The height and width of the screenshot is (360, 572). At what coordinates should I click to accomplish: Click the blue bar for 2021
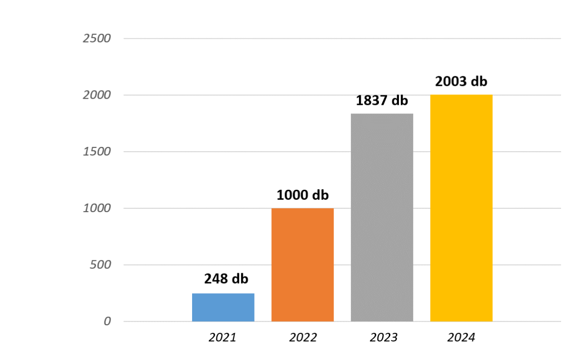pos(223,307)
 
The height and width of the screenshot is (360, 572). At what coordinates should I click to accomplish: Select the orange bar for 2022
pos(303,265)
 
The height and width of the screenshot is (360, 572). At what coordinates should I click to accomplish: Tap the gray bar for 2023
pos(382,217)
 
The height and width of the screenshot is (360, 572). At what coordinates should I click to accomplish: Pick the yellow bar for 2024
pos(461,208)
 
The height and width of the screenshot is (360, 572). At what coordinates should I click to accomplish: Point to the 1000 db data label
pos(303,195)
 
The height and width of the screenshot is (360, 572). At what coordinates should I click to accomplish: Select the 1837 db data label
pos(382,101)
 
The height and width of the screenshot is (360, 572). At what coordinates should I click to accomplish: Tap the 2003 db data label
pos(461,82)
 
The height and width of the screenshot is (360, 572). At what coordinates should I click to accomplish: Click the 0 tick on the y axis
pos(107,321)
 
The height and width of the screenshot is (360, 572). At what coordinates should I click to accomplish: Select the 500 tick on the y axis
pos(100,265)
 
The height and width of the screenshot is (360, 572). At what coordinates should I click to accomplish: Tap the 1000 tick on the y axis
pos(97,208)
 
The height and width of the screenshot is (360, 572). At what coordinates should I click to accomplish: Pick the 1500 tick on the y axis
pos(97,152)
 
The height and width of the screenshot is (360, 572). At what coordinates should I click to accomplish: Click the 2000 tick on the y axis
pos(97,95)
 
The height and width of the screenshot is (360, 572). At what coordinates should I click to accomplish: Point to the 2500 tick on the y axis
pos(97,38)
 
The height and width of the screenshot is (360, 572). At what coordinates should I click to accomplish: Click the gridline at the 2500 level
pos(334,38)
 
